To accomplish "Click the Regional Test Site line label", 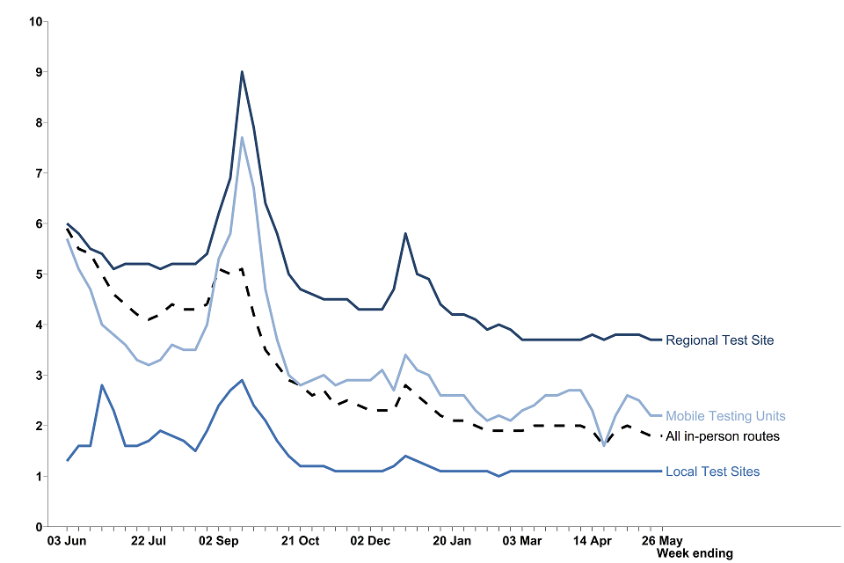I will pos(719,340).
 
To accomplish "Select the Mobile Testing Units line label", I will pos(725,416).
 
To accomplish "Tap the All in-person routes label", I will pos(723,436).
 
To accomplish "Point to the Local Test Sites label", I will pos(712,472).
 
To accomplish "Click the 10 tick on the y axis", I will pos(36,21).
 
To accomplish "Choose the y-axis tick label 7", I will pos(39,173).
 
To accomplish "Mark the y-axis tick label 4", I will pos(39,325).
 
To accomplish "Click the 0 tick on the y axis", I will pos(39,527).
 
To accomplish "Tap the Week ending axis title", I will pos(695,553).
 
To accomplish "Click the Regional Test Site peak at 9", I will pos(242,72).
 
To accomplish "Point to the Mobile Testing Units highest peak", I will pos(242,138).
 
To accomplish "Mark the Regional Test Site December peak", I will pos(404,233).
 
